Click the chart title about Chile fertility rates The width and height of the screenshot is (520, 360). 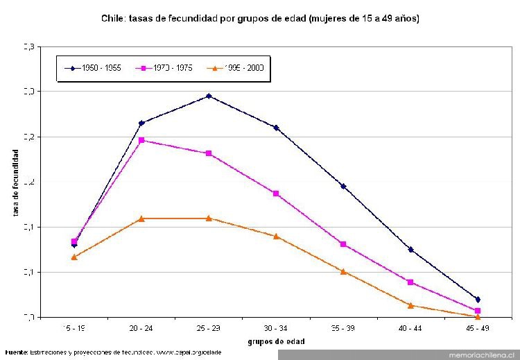pyautogui.click(x=260, y=18)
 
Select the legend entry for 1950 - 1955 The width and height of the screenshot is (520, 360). pyautogui.click(x=94, y=68)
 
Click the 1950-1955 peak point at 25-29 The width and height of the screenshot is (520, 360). pyautogui.click(x=209, y=96)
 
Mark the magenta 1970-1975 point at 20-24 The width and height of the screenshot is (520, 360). pyautogui.click(x=141, y=140)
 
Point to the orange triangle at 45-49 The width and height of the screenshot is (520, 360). pyautogui.click(x=478, y=316)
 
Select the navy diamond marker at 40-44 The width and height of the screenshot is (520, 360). pyautogui.click(x=410, y=250)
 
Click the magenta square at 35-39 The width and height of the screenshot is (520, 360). pyautogui.click(x=343, y=244)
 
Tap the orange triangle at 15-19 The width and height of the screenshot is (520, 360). pyautogui.click(x=74, y=257)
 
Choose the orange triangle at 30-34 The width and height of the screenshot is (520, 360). pyautogui.click(x=276, y=237)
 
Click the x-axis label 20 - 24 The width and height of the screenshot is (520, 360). pyautogui.click(x=141, y=327)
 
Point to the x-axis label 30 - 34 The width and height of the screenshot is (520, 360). pyautogui.click(x=276, y=327)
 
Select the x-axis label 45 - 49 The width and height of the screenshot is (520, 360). pyautogui.click(x=478, y=327)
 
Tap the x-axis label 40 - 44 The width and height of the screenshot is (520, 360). pyautogui.click(x=410, y=327)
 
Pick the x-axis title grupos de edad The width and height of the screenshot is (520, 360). pyautogui.click(x=276, y=341)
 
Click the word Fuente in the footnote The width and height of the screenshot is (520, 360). pyautogui.click(x=16, y=353)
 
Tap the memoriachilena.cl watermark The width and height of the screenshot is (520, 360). pyautogui.click(x=478, y=354)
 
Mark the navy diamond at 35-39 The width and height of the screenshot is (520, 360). pyautogui.click(x=343, y=186)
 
